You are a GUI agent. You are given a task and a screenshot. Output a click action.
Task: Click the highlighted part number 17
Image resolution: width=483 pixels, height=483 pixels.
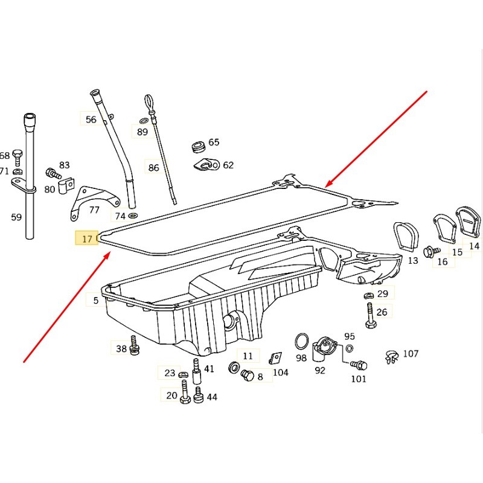pos(87,239)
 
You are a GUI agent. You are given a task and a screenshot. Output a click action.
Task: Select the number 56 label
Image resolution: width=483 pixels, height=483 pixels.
pos(91,120)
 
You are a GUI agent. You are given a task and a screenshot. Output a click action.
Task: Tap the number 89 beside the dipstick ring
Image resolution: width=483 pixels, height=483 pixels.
pos(142,132)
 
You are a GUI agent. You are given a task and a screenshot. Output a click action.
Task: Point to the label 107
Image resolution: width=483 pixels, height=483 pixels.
pos(411,353)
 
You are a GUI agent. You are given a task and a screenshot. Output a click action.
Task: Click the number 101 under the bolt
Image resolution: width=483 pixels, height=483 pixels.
pos(359,379)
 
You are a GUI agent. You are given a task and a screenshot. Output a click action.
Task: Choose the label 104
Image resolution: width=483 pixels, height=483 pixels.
pos(281,373)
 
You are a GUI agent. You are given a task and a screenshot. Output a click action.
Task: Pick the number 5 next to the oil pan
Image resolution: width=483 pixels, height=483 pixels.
pos(95,300)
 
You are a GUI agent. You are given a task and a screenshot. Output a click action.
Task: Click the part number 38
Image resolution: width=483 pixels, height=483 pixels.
pos(121,348)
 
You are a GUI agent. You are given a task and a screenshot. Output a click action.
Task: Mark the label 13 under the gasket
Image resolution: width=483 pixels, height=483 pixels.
pos(412,261)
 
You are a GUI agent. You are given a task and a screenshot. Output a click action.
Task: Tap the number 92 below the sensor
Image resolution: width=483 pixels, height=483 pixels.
pos(320,371)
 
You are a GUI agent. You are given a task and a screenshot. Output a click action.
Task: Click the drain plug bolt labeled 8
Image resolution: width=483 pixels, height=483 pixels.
pos(246,376)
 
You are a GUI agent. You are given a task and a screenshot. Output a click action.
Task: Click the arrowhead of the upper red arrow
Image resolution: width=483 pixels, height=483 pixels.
pos(327,184)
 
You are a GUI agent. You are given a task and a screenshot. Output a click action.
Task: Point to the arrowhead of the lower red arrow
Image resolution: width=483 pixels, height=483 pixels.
pos(109,254)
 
